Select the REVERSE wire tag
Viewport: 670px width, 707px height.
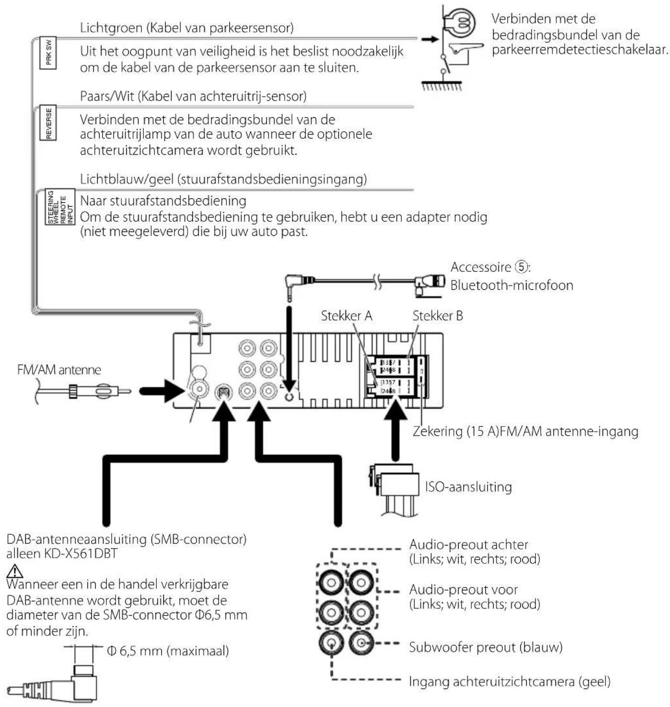[x=49, y=123]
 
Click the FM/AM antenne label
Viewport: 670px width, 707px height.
[x=59, y=370]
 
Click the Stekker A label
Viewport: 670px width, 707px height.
[x=346, y=316]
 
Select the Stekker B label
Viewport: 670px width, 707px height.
[x=437, y=316]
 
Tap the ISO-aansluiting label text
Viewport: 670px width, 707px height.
[x=468, y=487]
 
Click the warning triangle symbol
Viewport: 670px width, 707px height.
[x=15, y=570]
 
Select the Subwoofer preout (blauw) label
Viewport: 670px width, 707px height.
[x=485, y=647]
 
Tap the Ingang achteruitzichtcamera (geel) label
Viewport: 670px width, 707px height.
[x=509, y=681]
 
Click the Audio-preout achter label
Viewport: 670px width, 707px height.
[x=468, y=545]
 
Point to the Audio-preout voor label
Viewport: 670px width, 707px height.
[x=463, y=590]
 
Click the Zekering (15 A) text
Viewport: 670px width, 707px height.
[x=450, y=431]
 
